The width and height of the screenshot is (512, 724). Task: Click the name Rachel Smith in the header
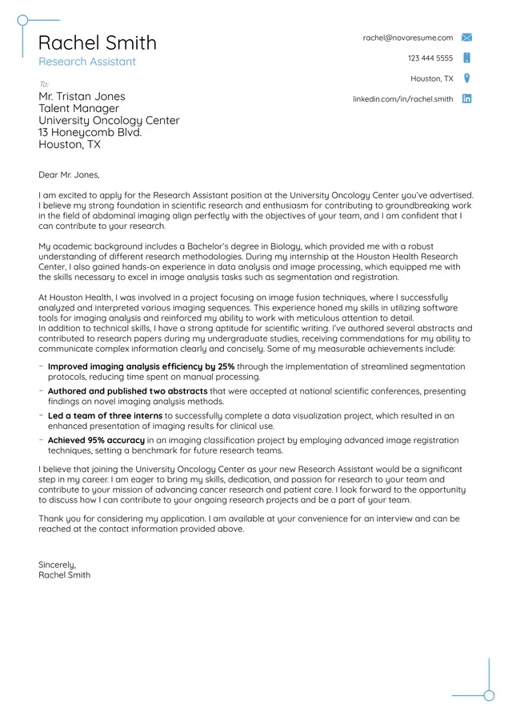pyautogui.click(x=97, y=42)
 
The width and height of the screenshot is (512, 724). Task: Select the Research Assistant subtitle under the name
pyautogui.click(x=87, y=62)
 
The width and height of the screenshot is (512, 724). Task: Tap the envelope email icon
pyautogui.click(x=467, y=38)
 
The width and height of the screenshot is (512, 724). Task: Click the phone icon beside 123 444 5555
pyautogui.click(x=467, y=58)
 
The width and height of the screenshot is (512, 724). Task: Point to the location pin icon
pyautogui.click(x=467, y=78)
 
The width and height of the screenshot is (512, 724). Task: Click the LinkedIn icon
pyautogui.click(x=467, y=99)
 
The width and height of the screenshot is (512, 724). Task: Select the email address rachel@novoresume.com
pyautogui.click(x=407, y=38)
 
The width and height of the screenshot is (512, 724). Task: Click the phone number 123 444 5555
pyautogui.click(x=430, y=58)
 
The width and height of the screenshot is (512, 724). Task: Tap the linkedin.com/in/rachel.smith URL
pyautogui.click(x=402, y=99)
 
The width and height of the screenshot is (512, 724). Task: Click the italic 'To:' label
pyautogui.click(x=44, y=84)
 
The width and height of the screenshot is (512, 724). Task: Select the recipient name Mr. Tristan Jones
pyautogui.click(x=82, y=97)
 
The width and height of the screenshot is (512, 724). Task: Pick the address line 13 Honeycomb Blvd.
pyautogui.click(x=90, y=133)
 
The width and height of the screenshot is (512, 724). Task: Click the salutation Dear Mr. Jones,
pyautogui.click(x=69, y=174)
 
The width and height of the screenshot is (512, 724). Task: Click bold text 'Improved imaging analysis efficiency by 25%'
pyautogui.click(x=141, y=366)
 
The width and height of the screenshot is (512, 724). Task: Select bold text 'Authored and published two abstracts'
pyautogui.click(x=127, y=391)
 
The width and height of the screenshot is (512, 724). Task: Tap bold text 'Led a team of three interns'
pyautogui.click(x=105, y=416)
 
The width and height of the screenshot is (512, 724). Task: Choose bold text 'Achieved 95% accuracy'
pyautogui.click(x=96, y=440)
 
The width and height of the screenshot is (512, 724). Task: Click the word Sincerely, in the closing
pyautogui.click(x=57, y=565)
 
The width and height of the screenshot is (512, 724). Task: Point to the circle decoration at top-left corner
pyautogui.click(x=22, y=20)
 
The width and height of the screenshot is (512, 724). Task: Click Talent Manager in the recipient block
pyautogui.click(x=78, y=109)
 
